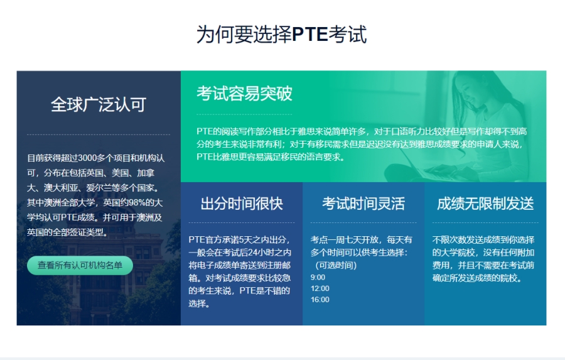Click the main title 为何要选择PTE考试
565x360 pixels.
tap(281, 35)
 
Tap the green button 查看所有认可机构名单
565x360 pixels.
tap(80, 265)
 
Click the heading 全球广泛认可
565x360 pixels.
tap(99, 105)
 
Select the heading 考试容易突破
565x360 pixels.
tap(244, 94)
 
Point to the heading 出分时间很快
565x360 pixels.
tap(242, 204)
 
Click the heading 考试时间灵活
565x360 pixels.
tap(363, 204)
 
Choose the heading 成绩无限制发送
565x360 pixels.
tap(485, 204)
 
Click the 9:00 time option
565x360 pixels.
tap(318, 278)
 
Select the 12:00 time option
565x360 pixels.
tap(320, 288)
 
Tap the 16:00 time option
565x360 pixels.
tap(320, 300)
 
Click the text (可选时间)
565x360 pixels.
tap(335, 265)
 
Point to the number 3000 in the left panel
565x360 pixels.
tap(87, 158)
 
